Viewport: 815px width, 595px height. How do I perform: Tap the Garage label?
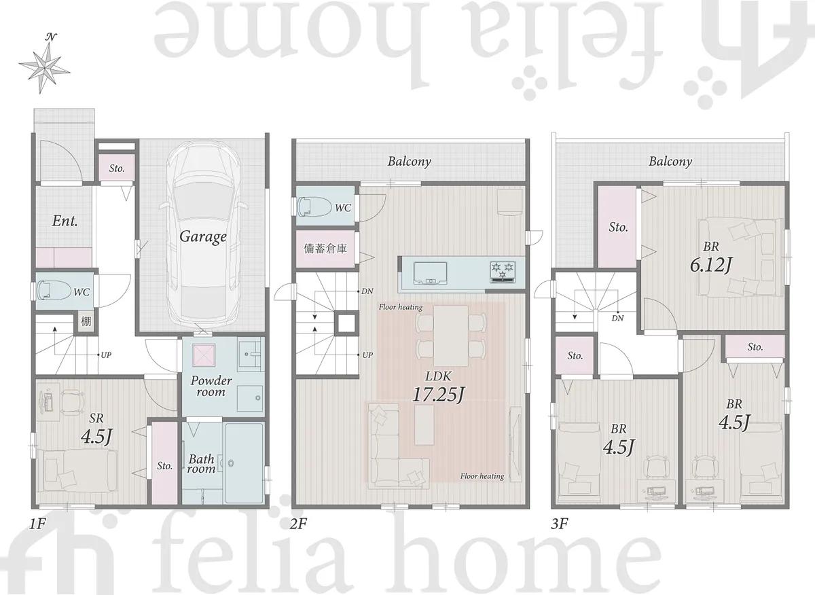(203, 237)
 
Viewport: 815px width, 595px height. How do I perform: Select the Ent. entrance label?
(65, 221)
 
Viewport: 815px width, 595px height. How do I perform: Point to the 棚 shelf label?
(86, 321)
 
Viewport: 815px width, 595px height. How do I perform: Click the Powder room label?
(211, 386)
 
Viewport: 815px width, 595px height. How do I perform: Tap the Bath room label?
(201, 464)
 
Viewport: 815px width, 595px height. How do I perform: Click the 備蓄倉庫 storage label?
(325, 249)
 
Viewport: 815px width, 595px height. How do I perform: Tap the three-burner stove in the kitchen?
(503, 271)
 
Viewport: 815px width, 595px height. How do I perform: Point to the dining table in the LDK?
(451, 336)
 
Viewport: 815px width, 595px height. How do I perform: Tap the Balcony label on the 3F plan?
(670, 161)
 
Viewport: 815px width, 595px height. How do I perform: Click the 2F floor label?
(298, 524)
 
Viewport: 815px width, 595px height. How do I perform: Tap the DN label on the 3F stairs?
(617, 318)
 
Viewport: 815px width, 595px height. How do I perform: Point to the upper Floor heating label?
(401, 307)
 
